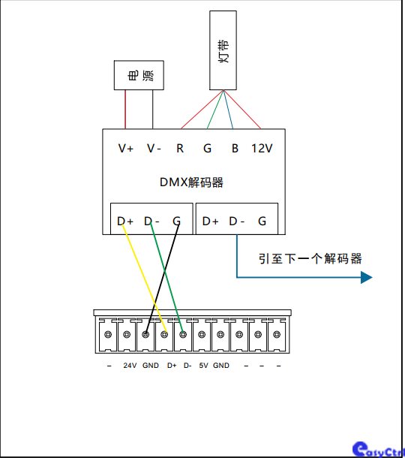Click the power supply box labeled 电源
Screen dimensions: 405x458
point(139,75)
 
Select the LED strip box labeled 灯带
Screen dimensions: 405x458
point(223,50)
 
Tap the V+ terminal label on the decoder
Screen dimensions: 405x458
point(126,149)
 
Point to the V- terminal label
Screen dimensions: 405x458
point(154,149)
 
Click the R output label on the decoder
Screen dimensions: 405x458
point(180,149)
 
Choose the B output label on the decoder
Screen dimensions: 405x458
point(235,149)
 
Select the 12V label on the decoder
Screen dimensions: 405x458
point(262,149)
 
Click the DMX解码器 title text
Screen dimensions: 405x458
point(191,182)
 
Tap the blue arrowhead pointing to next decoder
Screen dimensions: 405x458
point(367,277)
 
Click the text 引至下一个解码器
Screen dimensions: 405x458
point(310,259)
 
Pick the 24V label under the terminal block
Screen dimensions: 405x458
point(130,366)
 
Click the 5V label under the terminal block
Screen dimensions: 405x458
point(203,366)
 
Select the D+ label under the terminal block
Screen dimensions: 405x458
point(172,366)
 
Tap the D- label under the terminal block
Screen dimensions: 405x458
point(187,366)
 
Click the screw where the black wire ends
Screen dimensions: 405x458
point(145,334)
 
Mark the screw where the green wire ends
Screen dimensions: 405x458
point(183,334)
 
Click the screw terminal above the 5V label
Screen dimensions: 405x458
point(202,334)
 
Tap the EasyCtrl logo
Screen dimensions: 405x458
point(379,450)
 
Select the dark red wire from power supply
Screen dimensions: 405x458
point(125,109)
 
